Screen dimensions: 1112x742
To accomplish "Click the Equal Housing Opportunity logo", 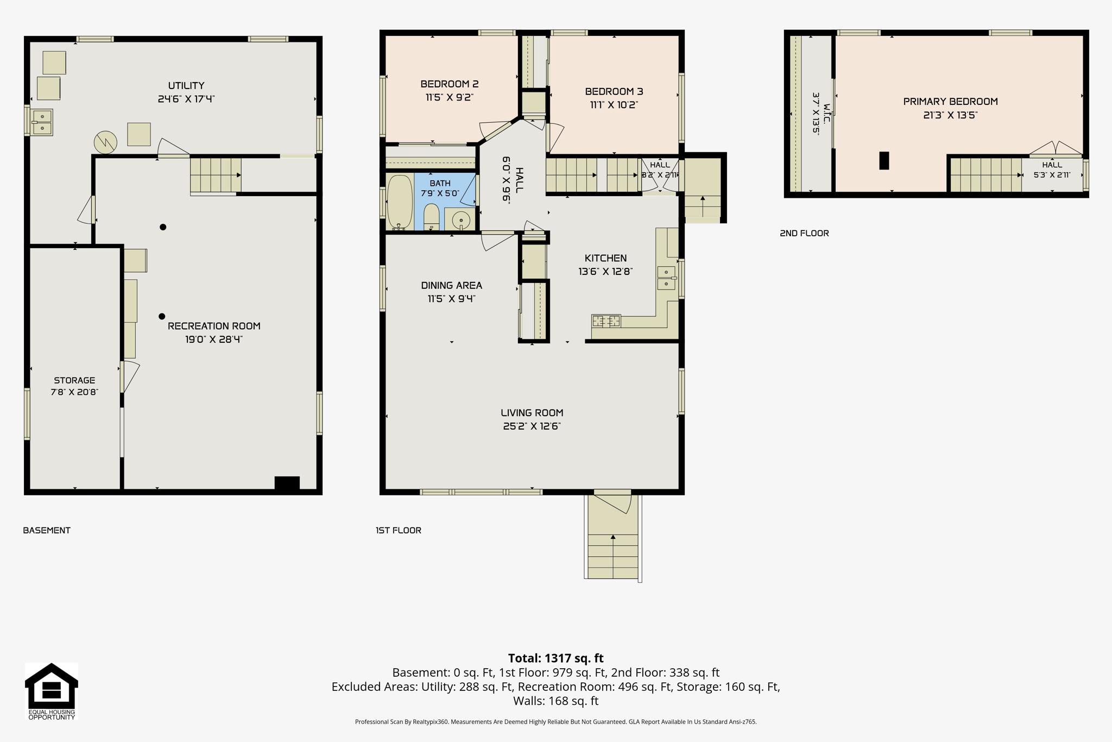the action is point(52,691).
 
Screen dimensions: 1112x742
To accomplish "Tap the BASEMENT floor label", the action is point(47,530).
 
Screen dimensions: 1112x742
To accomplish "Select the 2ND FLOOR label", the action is point(804,233).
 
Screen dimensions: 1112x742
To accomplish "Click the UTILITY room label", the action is point(186,85).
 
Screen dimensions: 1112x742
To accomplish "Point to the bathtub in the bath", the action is point(400,202).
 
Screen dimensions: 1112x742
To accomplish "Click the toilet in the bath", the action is point(431,217).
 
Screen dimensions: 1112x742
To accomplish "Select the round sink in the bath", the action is point(461,221).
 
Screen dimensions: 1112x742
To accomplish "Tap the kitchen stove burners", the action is point(606,321).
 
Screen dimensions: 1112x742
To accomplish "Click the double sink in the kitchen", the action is point(667,278).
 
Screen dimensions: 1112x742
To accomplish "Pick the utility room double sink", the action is point(42,122).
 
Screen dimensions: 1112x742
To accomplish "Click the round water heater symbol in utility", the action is point(105,142).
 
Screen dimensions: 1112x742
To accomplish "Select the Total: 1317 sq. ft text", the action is point(556,658).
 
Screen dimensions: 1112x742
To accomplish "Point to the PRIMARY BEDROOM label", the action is point(950,102).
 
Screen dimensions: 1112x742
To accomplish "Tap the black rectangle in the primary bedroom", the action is point(884,161).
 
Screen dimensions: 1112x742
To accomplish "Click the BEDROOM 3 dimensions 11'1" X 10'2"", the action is point(614,105).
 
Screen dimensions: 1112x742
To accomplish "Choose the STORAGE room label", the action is point(74,380).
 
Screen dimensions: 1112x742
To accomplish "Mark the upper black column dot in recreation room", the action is point(163,227).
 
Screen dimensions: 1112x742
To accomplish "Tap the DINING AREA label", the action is point(452,285).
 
